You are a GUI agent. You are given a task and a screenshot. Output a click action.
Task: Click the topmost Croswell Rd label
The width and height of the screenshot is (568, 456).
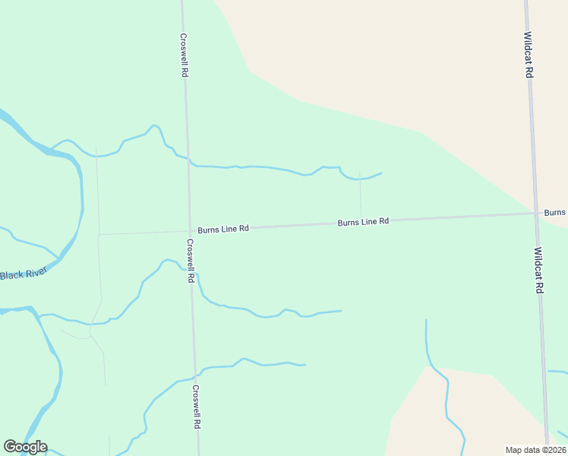(184, 54)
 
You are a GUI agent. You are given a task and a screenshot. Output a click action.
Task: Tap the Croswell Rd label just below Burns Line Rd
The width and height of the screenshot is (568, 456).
(191, 261)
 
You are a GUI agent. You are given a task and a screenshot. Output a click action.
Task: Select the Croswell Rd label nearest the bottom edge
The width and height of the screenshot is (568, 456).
(196, 407)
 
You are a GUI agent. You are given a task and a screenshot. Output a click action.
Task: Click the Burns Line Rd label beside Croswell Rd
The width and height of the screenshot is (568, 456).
(223, 229)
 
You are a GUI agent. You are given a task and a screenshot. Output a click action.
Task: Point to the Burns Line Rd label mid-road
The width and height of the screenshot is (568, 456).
(363, 222)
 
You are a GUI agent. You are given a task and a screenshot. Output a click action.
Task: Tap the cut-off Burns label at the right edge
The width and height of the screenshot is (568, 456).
(555, 213)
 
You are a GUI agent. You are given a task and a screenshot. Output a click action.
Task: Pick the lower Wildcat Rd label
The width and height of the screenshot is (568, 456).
(538, 270)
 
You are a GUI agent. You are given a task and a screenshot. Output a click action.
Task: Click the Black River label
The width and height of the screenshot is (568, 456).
(23, 273)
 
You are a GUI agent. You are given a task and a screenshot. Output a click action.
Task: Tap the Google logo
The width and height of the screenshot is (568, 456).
(25, 447)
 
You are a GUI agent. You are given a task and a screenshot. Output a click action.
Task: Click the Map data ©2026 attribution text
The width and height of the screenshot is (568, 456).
(535, 450)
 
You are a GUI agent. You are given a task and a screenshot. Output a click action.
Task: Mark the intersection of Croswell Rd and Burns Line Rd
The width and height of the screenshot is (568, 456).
(189, 230)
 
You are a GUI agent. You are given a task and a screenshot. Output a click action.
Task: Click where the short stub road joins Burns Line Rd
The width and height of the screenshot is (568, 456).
(361, 220)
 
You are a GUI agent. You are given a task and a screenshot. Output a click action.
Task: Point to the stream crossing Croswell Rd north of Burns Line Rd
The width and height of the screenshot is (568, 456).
(188, 160)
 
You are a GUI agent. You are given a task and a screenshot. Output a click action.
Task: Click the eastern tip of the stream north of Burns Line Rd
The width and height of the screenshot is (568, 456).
(381, 173)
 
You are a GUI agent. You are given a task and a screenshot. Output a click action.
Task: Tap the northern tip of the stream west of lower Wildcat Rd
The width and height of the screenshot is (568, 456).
(426, 320)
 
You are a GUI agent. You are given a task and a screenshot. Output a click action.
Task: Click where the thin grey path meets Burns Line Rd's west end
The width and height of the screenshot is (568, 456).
(99, 234)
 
